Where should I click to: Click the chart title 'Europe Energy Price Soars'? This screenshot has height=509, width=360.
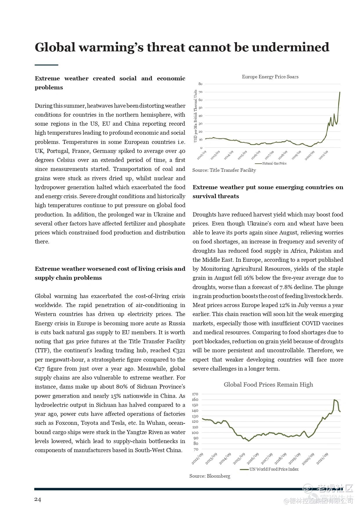[270, 77]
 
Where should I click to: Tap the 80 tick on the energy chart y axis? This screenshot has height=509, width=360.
[200, 84]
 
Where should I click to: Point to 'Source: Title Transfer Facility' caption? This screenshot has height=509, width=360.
[224, 170]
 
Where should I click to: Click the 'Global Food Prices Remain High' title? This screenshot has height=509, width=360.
[268, 385]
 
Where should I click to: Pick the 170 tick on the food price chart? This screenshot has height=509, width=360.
[195, 394]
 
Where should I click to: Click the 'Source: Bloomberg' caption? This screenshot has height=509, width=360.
[210, 476]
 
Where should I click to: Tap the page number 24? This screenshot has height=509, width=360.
[38, 499]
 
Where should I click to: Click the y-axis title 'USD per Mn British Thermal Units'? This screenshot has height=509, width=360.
[196, 116]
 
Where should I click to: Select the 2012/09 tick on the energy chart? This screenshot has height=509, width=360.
[201, 155]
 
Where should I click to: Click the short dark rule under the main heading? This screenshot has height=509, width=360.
[46, 65]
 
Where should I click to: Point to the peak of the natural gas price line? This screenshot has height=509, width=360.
[340, 92]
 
